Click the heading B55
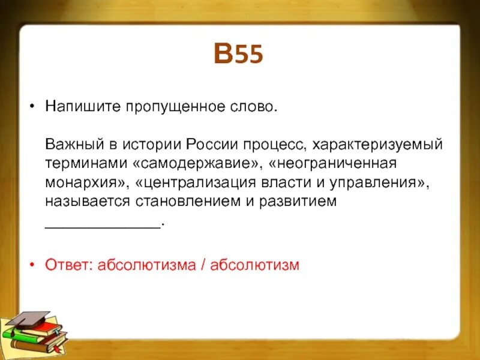tap(238, 53)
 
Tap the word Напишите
tap(83, 106)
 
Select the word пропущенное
tap(176, 107)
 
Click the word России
tap(212, 144)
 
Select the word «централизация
tap(195, 183)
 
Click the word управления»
tap(379, 183)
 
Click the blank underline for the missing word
tap(103, 227)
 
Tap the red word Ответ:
tap(69, 265)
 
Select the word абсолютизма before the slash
tap(146, 265)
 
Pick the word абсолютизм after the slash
tap(254, 265)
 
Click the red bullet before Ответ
tap(32, 265)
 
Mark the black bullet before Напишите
tap(32, 106)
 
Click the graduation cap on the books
tap(28, 320)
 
